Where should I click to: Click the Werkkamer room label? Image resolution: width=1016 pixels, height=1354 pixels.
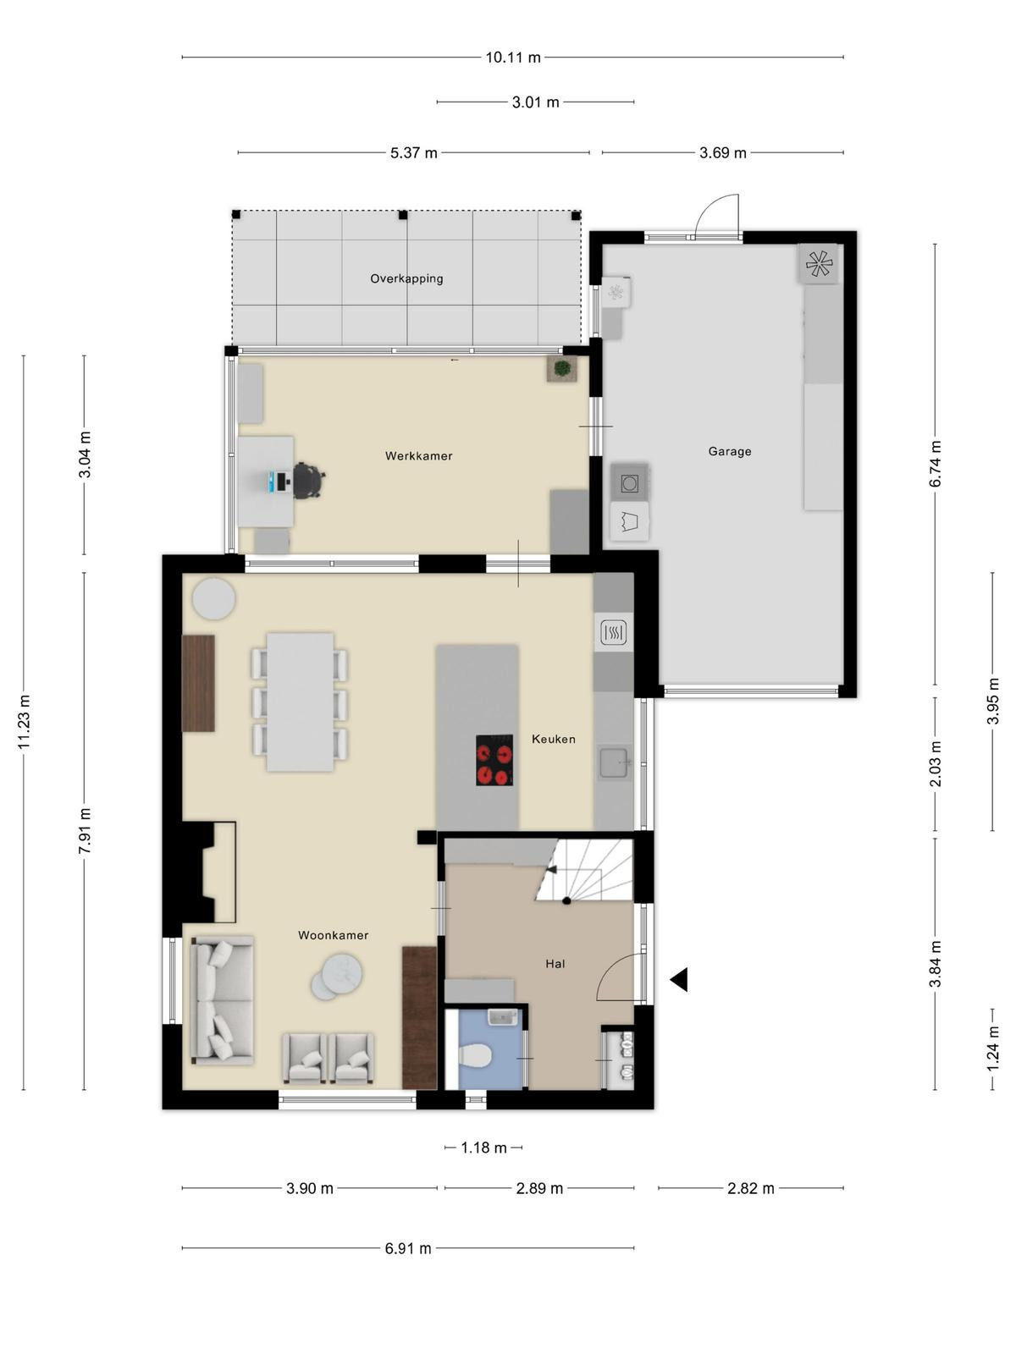[419, 456]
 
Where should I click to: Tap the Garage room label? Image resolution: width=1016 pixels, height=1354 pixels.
[730, 451]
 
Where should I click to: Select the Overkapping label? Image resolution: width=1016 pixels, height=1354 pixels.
[406, 278]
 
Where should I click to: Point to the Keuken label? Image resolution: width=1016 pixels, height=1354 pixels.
[554, 739]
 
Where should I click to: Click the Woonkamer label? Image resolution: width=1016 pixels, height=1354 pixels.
[333, 935]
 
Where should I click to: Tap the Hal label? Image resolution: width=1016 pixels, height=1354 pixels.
[555, 964]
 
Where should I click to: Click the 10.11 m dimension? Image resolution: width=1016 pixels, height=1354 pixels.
[512, 58]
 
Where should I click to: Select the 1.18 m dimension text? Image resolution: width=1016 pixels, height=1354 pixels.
[483, 1148]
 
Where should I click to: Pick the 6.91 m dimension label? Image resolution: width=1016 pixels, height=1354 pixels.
[408, 1248]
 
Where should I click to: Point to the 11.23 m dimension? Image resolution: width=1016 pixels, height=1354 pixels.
[24, 723]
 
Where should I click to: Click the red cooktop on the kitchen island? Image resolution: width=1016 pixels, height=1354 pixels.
[494, 759]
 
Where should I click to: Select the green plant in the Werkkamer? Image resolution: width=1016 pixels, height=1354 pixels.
[561, 369]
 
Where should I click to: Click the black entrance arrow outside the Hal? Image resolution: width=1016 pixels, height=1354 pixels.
[678, 980]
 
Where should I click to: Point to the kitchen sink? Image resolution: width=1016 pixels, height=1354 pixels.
[614, 762]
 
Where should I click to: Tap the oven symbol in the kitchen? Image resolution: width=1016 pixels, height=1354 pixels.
[614, 631]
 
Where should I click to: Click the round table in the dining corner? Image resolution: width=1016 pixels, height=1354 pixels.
[213, 598]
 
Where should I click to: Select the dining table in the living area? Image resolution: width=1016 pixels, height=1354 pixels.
[300, 702]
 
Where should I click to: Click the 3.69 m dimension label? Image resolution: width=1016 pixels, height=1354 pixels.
[722, 152]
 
